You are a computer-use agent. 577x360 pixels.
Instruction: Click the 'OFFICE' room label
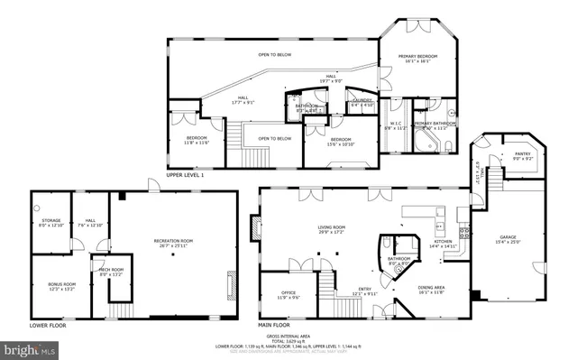(288, 292)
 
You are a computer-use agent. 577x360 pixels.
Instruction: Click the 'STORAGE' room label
(50, 221)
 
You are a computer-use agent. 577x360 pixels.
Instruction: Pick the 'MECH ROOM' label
(111, 269)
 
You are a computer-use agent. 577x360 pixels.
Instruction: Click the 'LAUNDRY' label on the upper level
(363, 101)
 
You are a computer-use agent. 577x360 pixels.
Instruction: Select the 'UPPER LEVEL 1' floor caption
(186, 175)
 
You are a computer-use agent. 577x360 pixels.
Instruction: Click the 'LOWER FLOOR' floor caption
(48, 323)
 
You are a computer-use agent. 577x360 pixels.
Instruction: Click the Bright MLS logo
(29, 347)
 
